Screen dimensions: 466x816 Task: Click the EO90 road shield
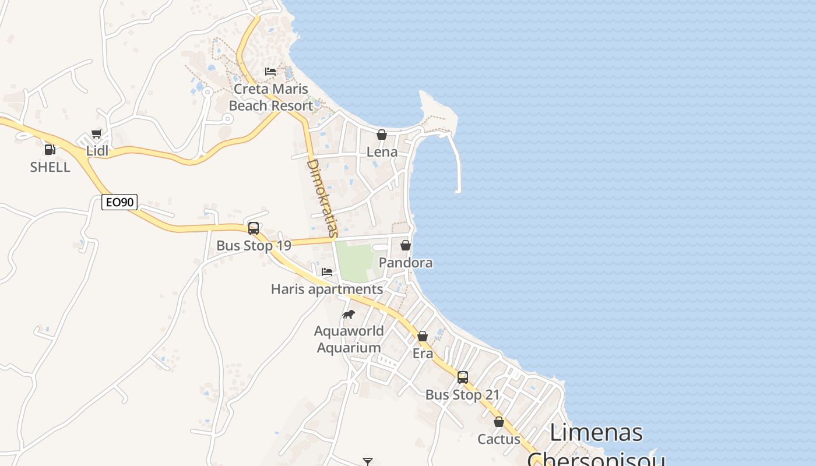[119, 202]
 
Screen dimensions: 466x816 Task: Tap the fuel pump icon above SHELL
[50, 149]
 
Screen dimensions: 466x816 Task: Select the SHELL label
[50, 167]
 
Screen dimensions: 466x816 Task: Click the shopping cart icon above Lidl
[97, 134]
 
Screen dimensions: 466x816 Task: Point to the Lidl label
[97, 151]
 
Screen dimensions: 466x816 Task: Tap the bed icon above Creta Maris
[270, 72]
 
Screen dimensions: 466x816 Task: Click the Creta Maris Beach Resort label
[270, 98]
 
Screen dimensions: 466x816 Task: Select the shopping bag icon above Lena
[382, 135]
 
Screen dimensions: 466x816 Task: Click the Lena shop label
[382, 152]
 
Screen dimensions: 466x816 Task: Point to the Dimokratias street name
[322, 198]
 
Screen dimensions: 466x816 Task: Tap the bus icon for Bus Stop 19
[254, 228]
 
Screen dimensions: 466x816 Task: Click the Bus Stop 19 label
[254, 246]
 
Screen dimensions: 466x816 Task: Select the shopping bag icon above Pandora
[406, 245]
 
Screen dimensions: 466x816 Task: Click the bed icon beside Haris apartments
[327, 272]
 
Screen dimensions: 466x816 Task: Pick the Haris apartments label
[327, 289]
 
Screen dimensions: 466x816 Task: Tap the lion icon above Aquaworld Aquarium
[349, 315]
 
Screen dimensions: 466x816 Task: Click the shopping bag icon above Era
[423, 336]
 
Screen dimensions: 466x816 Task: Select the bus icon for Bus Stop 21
[463, 377]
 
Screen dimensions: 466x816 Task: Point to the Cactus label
[499, 439]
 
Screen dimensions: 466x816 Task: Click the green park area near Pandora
[354, 261]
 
